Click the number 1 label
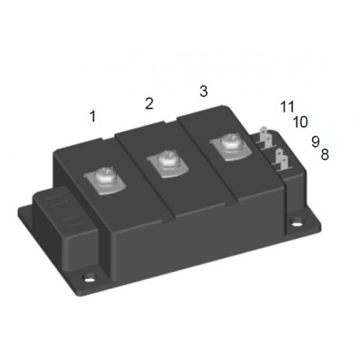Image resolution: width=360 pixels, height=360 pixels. [x=93, y=116]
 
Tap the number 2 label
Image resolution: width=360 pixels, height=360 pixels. [x=149, y=103]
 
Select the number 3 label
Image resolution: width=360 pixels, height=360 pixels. [x=204, y=90]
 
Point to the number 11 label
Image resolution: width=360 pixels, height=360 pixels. [x=286, y=107]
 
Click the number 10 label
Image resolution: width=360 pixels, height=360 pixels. [x=299, y=122]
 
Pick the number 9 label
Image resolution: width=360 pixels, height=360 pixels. [x=314, y=141]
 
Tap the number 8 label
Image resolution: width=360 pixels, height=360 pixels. [x=325, y=154]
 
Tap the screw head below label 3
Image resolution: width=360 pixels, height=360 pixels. [x=228, y=145]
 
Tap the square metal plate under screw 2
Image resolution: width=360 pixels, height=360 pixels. [x=167, y=169]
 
